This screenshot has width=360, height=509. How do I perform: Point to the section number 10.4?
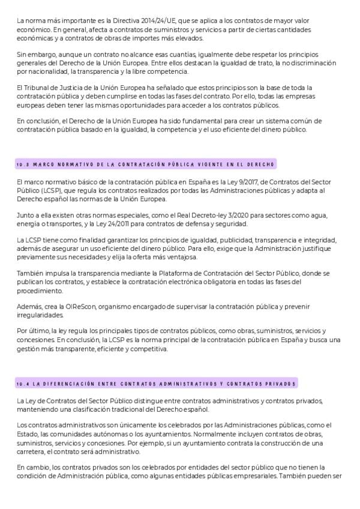tap(23, 384)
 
